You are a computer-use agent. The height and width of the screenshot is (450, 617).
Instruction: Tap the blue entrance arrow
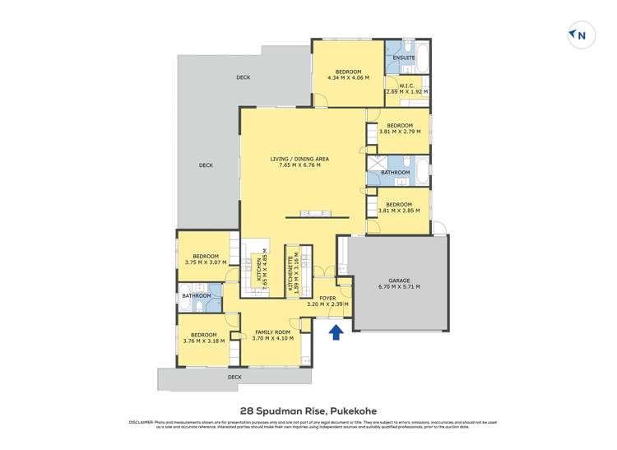(x=335, y=332)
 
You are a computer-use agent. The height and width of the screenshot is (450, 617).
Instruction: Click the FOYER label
(x=327, y=299)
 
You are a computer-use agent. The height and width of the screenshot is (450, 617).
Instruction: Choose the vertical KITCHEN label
(x=260, y=270)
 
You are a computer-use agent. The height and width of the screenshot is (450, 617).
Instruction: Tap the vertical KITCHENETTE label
(x=291, y=270)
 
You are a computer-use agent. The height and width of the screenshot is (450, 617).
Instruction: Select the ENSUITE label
(x=403, y=58)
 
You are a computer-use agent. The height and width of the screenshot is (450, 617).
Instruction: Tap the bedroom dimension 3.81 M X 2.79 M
(x=399, y=131)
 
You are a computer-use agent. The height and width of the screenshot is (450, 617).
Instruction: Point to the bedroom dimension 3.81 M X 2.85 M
(x=399, y=210)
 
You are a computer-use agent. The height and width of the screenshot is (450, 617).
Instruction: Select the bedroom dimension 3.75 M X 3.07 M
(x=205, y=263)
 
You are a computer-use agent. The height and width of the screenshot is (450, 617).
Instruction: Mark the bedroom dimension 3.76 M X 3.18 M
(x=203, y=340)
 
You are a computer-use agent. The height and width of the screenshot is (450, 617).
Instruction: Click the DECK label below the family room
(x=235, y=377)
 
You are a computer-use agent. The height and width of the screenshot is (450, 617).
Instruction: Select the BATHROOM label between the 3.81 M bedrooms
(x=395, y=173)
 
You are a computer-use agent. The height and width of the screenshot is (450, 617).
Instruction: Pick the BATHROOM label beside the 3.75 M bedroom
(x=197, y=295)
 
